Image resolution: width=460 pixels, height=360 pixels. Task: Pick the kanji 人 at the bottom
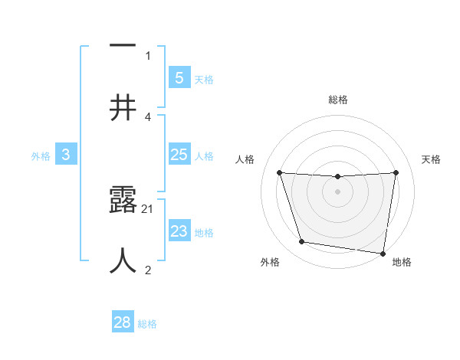pyautogui.click(x=123, y=261)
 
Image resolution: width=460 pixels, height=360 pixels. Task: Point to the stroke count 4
pyautogui.click(x=147, y=116)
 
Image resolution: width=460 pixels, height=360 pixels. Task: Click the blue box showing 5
pyautogui.click(x=179, y=77)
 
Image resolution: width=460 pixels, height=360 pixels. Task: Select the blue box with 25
pyautogui.click(x=179, y=155)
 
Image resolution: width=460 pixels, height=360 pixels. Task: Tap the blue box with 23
pyautogui.click(x=179, y=231)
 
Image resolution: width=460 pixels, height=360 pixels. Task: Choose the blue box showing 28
pyautogui.click(x=123, y=322)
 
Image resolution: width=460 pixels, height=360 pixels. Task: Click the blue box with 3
pyautogui.click(x=66, y=155)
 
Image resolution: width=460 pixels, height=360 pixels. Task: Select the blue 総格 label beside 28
pyautogui.click(x=147, y=324)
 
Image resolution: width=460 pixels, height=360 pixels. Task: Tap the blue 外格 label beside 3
pyautogui.click(x=41, y=156)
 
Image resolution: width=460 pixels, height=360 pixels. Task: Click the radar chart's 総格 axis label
pyautogui.click(x=337, y=100)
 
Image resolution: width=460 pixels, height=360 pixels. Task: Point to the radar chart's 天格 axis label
pyautogui.click(x=431, y=159)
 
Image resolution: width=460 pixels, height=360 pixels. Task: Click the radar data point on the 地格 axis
pyautogui.click(x=383, y=253)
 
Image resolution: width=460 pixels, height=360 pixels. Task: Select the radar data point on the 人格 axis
pyautogui.click(x=279, y=172)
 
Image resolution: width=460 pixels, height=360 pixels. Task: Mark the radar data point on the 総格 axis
pyautogui.click(x=337, y=177)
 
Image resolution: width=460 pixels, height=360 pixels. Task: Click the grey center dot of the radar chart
pyautogui.click(x=337, y=191)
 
